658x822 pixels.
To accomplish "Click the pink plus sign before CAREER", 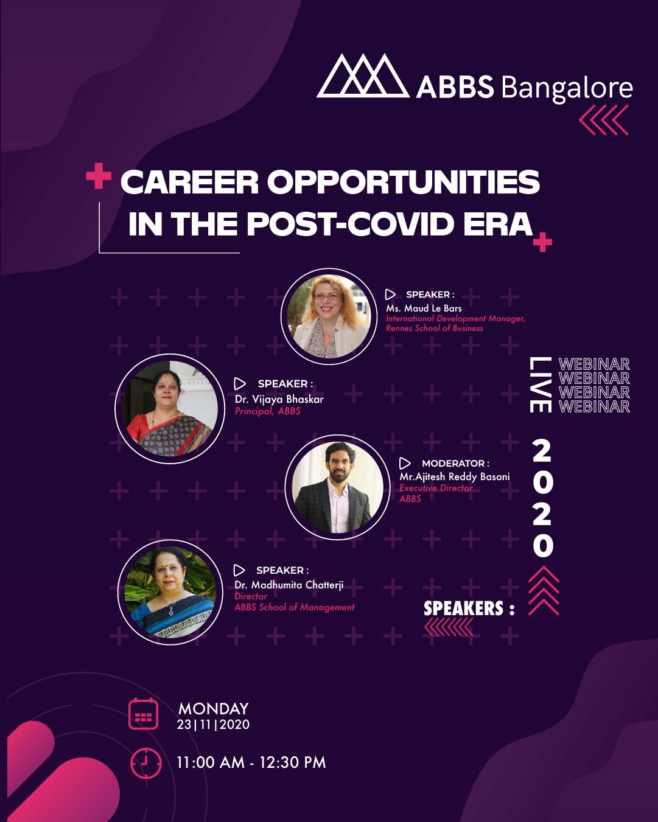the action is click(x=99, y=176).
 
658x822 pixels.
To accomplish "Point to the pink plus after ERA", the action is click(x=542, y=242).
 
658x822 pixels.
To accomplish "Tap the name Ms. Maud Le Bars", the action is click(x=424, y=308).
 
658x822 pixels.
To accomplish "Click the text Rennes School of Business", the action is click(x=435, y=328).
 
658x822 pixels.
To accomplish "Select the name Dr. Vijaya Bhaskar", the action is click(x=279, y=400).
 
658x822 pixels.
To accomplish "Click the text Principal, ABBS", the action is click(x=267, y=411).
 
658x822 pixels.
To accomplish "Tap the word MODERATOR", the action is click(x=453, y=464).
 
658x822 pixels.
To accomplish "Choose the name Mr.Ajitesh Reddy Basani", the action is click(x=455, y=477).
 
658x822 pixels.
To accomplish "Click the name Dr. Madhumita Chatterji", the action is click(x=289, y=585).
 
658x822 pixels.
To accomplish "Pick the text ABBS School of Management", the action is click(x=295, y=607).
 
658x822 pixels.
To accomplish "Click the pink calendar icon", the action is click(x=143, y=714).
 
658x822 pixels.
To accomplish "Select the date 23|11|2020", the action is click(x=213, y=725).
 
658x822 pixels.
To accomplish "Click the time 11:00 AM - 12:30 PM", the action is click(x=251, y=762).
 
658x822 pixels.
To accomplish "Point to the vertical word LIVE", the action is click(x=541, y=385).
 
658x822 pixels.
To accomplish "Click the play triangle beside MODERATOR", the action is click(x=405, y=464).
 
